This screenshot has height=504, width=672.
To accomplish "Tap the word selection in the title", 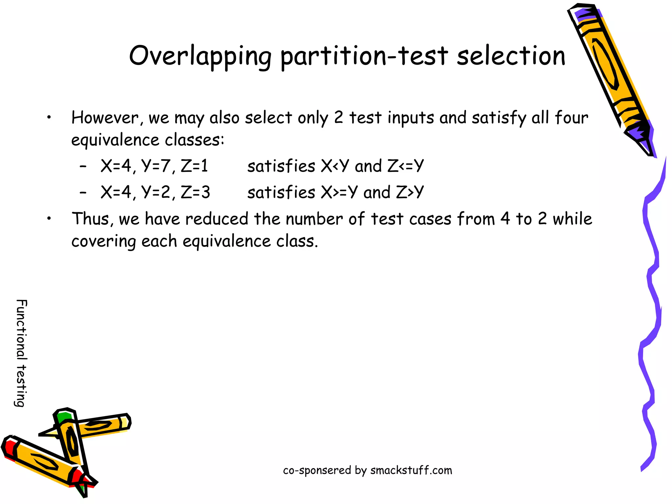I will point(511,56).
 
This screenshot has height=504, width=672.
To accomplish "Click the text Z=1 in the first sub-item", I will point(194,166).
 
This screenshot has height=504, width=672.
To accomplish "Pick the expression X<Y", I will point(335,166).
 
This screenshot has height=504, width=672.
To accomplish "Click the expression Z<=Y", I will point(406,166).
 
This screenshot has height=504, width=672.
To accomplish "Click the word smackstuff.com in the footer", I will point(411,470).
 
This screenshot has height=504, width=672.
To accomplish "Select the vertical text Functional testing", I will point(21,353).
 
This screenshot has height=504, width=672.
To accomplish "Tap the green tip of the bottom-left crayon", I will point(63,417).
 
